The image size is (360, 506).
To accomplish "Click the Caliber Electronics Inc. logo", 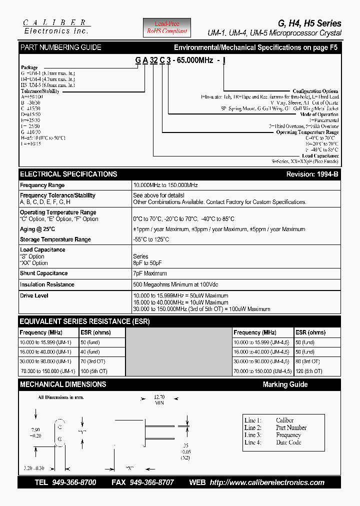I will [x=55, y=26].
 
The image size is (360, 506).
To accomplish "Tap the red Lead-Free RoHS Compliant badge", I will [x=167, y=27].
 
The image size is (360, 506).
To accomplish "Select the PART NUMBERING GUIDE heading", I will [x=60, y=47].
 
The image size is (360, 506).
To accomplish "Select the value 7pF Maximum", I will [x=150, y=273].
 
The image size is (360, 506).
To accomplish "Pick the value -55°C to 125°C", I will [x=151, y=239].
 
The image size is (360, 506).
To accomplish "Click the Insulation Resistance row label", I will [x=47, y=284].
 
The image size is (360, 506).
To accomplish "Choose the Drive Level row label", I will [x=34, y=295].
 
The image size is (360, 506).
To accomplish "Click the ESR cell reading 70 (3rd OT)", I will [x=93, y=361].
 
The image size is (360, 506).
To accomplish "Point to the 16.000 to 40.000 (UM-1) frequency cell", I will [x=46, y=352].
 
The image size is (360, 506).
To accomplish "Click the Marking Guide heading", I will [x=285, y=384].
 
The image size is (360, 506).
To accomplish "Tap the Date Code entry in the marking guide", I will [x=288, y=442].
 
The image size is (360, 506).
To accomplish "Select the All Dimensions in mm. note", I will [x=61, y=397].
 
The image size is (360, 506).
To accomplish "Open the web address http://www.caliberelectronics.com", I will [x=267, y=482].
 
